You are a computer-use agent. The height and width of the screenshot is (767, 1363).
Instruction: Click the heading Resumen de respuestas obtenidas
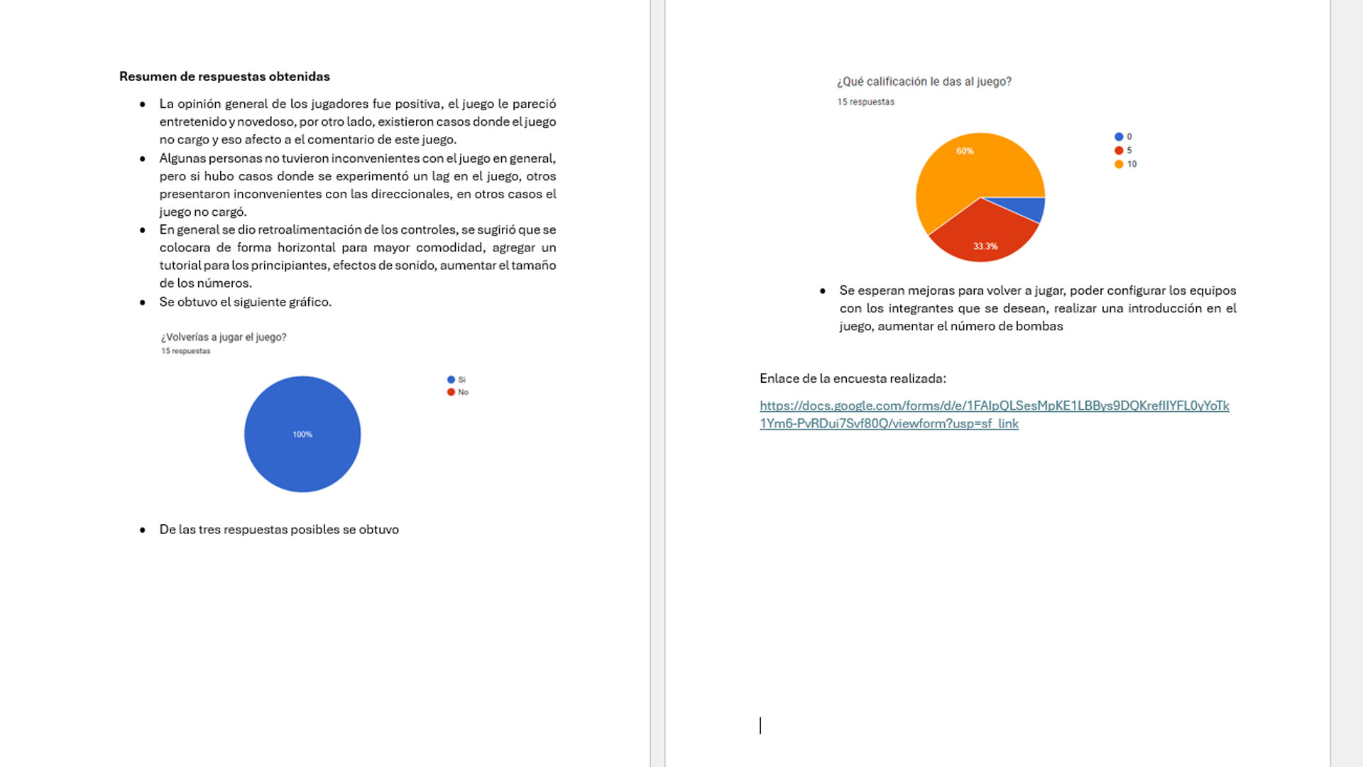[x=224, y=77]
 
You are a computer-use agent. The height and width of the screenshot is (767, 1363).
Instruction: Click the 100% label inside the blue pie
[x=302, y=435]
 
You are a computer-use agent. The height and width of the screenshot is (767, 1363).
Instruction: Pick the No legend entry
[x=458, y=392]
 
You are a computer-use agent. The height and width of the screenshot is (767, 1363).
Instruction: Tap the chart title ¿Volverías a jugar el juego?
[x=224, y=337]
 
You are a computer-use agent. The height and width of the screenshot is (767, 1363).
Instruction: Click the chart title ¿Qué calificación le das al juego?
[x=924, y=82]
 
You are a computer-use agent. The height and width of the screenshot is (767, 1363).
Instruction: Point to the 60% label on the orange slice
[x=965, y=151]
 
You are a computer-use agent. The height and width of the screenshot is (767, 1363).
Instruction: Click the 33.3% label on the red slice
[x=985, y=246]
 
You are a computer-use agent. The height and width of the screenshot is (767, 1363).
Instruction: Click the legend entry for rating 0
[x=1123, y=137]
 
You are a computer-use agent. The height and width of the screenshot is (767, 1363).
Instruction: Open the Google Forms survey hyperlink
[x=994, y=406]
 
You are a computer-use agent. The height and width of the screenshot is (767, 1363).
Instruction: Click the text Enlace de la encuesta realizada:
[x=853, y=379]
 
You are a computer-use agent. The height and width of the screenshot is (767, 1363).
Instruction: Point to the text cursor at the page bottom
[x=760, y=725]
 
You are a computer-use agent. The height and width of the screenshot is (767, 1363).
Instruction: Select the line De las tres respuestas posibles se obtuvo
[x=279, y=530]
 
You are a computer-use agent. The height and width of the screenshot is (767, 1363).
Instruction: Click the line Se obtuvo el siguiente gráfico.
[x=245, y=303]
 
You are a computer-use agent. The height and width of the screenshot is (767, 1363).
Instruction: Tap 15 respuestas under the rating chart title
[x=865, y=102]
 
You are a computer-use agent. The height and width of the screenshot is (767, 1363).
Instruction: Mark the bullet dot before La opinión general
[x=143, y=104]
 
